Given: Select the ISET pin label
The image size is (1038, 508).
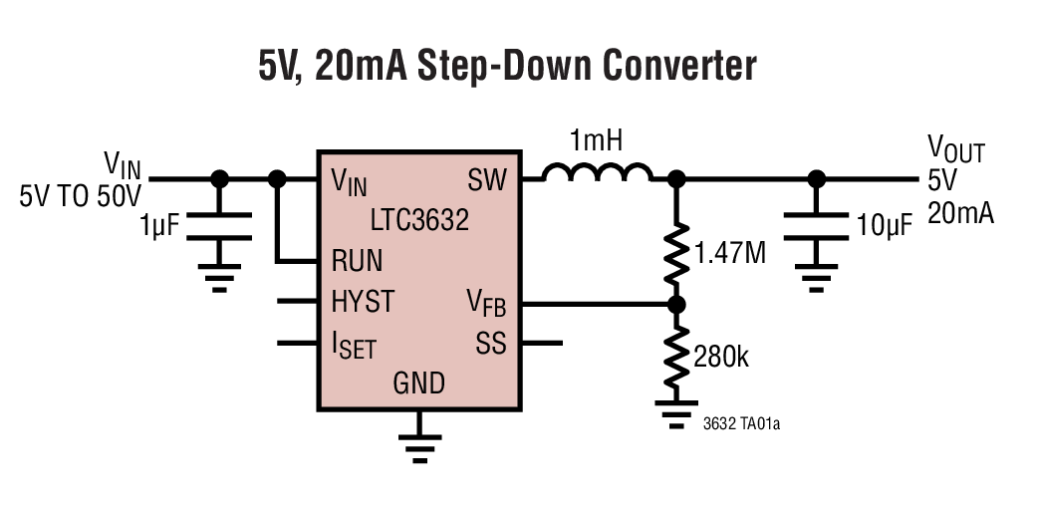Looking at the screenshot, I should (x=354, y=346).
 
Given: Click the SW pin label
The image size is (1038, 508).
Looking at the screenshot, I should (x=487, y=180).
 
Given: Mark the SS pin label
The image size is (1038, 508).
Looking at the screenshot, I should (x=491, y=344).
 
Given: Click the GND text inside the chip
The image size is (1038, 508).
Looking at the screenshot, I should (x=419, y=382).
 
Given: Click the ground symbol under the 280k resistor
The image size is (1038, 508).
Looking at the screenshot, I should (x=676, y=412).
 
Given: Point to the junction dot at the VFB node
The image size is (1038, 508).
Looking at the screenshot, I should (x=676, y=304).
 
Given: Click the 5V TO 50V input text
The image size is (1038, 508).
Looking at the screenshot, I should (x=81, y=194).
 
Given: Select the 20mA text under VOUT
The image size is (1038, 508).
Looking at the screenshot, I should (x=960, y=212).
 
